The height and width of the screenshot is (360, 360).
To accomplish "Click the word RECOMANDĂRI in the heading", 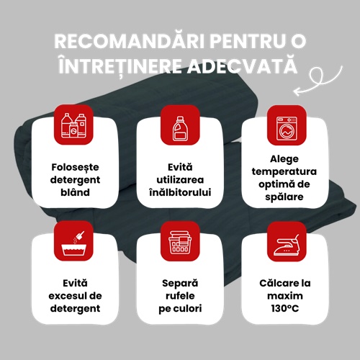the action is coord(130,40).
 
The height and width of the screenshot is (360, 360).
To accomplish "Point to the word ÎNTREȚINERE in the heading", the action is coord(120,65).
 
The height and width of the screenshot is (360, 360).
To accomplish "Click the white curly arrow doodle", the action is coord(318,81).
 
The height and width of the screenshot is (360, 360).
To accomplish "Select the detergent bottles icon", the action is coord(73,125).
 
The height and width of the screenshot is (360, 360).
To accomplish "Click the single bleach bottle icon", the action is coord(180,128).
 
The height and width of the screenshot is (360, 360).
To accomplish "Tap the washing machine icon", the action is coord(287,128).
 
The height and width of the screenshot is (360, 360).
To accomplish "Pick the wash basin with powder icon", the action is coord(73,243).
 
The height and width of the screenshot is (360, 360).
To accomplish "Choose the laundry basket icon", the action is coord(180,243).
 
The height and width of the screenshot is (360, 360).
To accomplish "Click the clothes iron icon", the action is coord(287,245).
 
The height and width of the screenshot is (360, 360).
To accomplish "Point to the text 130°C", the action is coord(285,308).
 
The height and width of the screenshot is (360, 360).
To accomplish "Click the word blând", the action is coord(75,192).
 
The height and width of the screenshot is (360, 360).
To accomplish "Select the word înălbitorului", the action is coord(180,192).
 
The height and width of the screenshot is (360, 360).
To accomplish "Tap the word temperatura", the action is coord(284,171).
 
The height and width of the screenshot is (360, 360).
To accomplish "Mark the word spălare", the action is coord(284,197).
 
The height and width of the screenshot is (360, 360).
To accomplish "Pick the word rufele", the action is coord(180,296).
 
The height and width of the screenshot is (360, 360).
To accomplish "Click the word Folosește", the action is coord(75,167).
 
